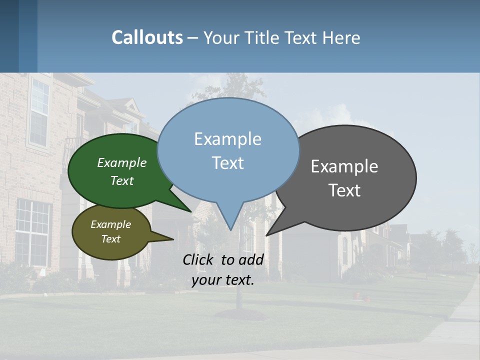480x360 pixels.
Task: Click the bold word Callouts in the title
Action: point(147,37)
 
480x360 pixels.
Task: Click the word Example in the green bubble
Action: point(122,162)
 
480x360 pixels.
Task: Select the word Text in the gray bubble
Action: point(344,190)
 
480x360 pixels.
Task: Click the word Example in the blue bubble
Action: point(227,139)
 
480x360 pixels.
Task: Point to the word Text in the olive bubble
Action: point(111,239)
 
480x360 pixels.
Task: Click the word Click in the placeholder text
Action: point(199,259)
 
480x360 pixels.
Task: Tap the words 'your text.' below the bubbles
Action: point(223,280)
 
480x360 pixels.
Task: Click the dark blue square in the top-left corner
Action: point(9,36)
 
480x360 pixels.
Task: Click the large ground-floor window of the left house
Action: point(33,232)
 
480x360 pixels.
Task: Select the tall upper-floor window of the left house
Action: point(39,112)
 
